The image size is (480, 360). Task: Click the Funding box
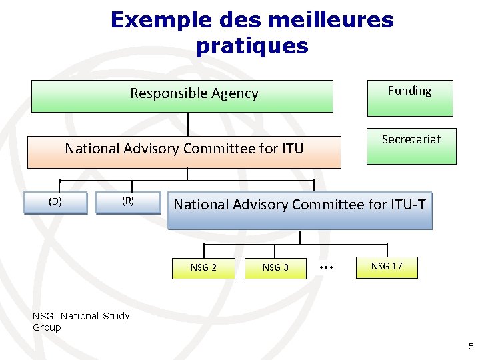pyautogui.click(x=409, y=98)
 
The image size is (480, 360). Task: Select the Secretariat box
pyautogui.click(x=411, y=146)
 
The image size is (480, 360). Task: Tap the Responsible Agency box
pyautogui.click(x=182, y=96)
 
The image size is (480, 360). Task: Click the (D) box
pyautogui.click(x=55, y=203)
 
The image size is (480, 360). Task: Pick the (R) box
pyautogui.click(x=128, y=203)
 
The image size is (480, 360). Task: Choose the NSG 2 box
pyautogui.click(x=203, y=268)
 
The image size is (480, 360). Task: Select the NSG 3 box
pyautogui.click(x=275, y=268)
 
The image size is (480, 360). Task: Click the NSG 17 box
pyautogui.click(x=387, y=267)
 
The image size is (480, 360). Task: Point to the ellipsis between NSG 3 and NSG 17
pyautogui.click(x=326, y=267)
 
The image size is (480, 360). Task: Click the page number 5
pyautogui.click(x=471, y=346)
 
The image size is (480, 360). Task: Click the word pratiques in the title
pyautogui.click(x=252, y=46)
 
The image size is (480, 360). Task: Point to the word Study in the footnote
pyautogui.click(x=116, y=316)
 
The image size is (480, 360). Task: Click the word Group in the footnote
pyautogui.click(x=47, y=327)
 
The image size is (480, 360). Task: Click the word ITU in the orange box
pyautogui.click(x=289, y=148)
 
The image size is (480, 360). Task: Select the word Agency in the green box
pyautogui.click(x=233, y=93)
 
